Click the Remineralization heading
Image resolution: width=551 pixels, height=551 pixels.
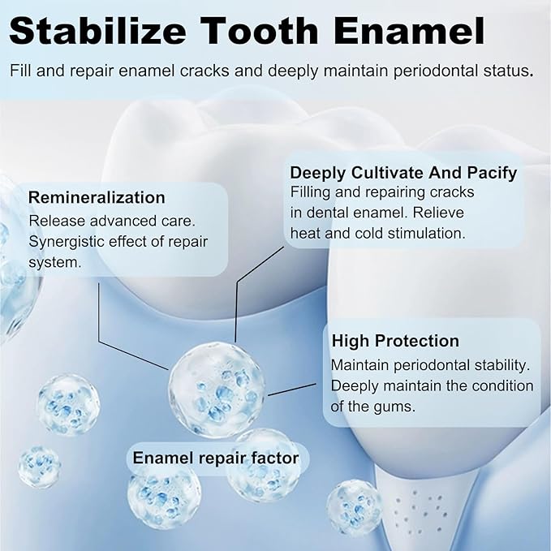pos(97,197)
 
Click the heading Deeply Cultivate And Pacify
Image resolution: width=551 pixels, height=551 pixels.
pos(403,173)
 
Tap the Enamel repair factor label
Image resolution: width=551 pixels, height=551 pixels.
pos(216,458)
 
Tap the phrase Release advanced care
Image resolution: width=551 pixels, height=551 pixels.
pos(105,221)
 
